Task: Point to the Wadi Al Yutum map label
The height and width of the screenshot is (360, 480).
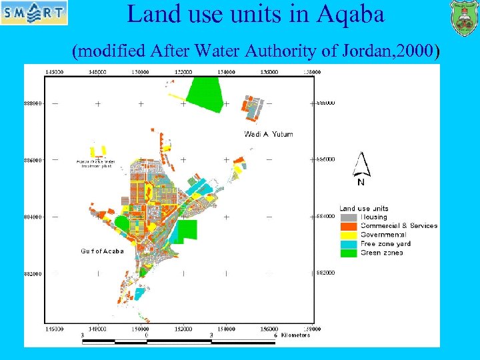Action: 269,134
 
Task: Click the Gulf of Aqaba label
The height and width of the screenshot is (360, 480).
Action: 102,251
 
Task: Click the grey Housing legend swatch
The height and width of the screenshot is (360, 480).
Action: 347,217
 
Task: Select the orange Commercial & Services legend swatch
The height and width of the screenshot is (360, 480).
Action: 347,226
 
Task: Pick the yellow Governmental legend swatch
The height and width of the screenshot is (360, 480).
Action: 347,235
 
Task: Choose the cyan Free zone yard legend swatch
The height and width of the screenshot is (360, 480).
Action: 347,243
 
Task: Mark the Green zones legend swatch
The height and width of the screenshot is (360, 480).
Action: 347,252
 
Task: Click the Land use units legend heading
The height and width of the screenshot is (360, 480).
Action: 364,209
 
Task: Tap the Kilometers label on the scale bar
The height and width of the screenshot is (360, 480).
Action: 295,335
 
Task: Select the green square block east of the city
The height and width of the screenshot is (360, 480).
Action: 187,229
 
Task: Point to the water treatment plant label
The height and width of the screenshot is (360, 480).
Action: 95,163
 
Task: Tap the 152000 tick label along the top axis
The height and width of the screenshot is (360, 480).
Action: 183,72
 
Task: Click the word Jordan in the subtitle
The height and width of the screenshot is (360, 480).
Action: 351,50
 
